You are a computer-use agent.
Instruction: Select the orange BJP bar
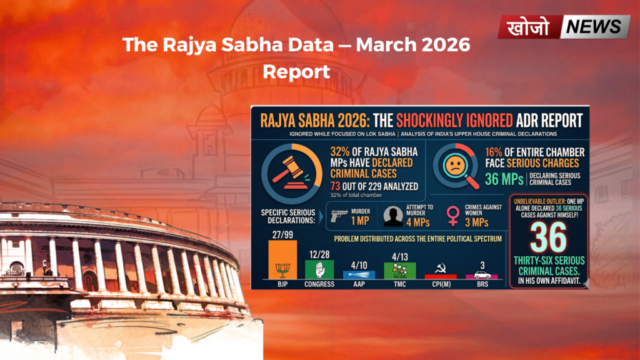282,259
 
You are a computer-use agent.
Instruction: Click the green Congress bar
319,269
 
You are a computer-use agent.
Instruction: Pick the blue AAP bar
359,274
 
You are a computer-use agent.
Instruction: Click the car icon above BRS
482,274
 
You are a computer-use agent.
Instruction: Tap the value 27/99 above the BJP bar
282,234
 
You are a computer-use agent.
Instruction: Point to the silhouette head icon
392,216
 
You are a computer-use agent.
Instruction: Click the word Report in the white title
296,71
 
